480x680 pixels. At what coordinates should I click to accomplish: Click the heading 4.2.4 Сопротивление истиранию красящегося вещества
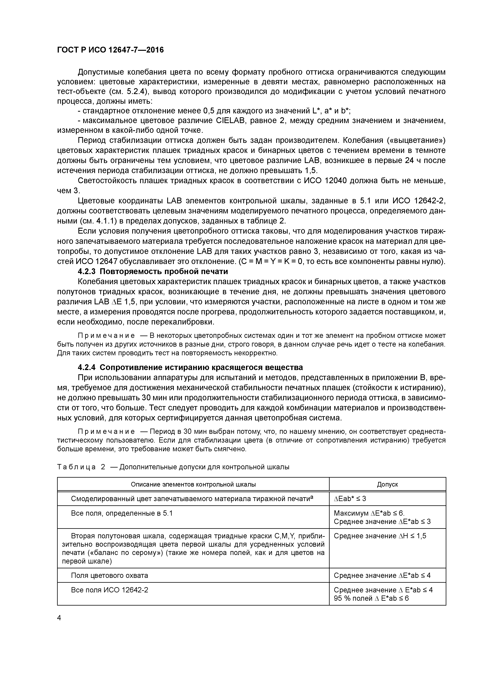[x=190, y=367]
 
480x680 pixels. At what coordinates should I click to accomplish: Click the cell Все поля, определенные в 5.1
[x=122, y=513]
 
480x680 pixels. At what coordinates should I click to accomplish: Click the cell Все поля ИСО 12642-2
[x=109, y=590]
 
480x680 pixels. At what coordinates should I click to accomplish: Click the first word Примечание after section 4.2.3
[x=106, y=336]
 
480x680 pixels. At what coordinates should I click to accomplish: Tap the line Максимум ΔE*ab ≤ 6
[x=369, y=513]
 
